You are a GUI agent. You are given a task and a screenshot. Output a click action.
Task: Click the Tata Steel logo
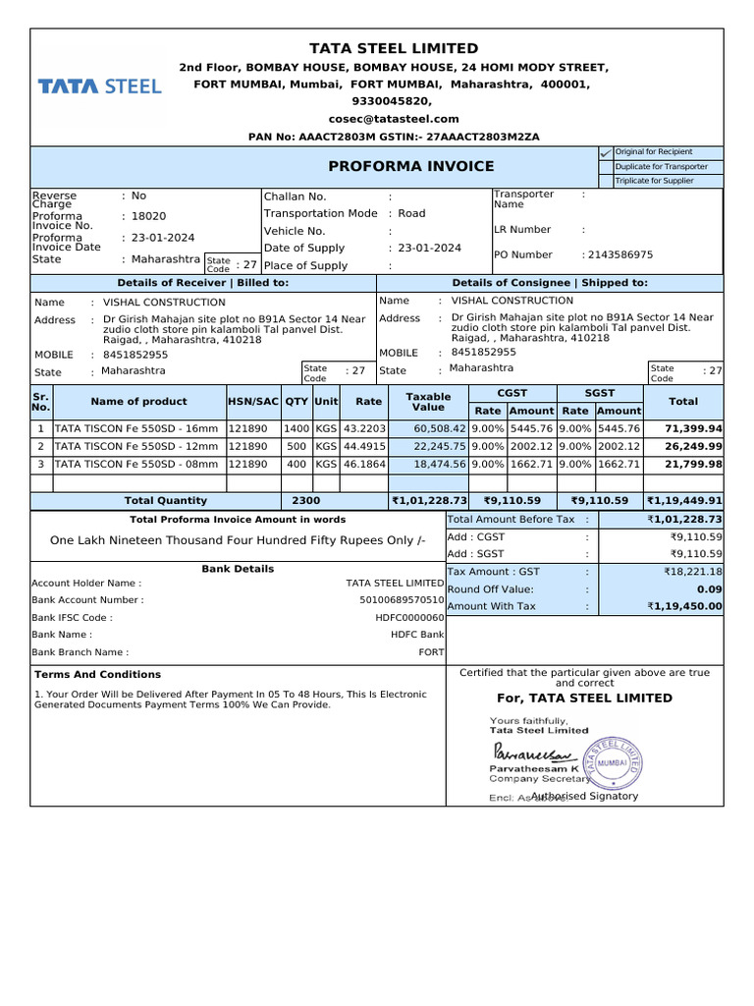(99, 86)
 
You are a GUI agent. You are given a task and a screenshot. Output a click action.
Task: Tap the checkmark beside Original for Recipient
(605, 153)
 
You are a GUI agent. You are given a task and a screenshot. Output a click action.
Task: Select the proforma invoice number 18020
(149, 216)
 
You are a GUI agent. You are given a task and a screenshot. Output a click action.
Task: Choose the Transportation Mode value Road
(411, 213)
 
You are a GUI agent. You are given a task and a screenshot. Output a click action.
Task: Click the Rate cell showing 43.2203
(363, 429)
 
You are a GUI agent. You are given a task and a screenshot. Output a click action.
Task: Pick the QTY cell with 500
(296, 446)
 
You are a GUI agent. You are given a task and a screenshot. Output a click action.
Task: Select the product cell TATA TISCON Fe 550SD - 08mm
(136, 464)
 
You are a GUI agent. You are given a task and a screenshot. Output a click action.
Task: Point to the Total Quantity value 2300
(305, 501)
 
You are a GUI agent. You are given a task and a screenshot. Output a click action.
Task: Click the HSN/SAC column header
(253, 401)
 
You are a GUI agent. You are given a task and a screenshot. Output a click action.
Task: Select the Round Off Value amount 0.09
(709, 588)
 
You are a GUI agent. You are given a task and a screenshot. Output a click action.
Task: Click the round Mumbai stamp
(612, 762)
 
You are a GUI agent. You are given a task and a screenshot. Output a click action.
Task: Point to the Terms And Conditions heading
(97, 675)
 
